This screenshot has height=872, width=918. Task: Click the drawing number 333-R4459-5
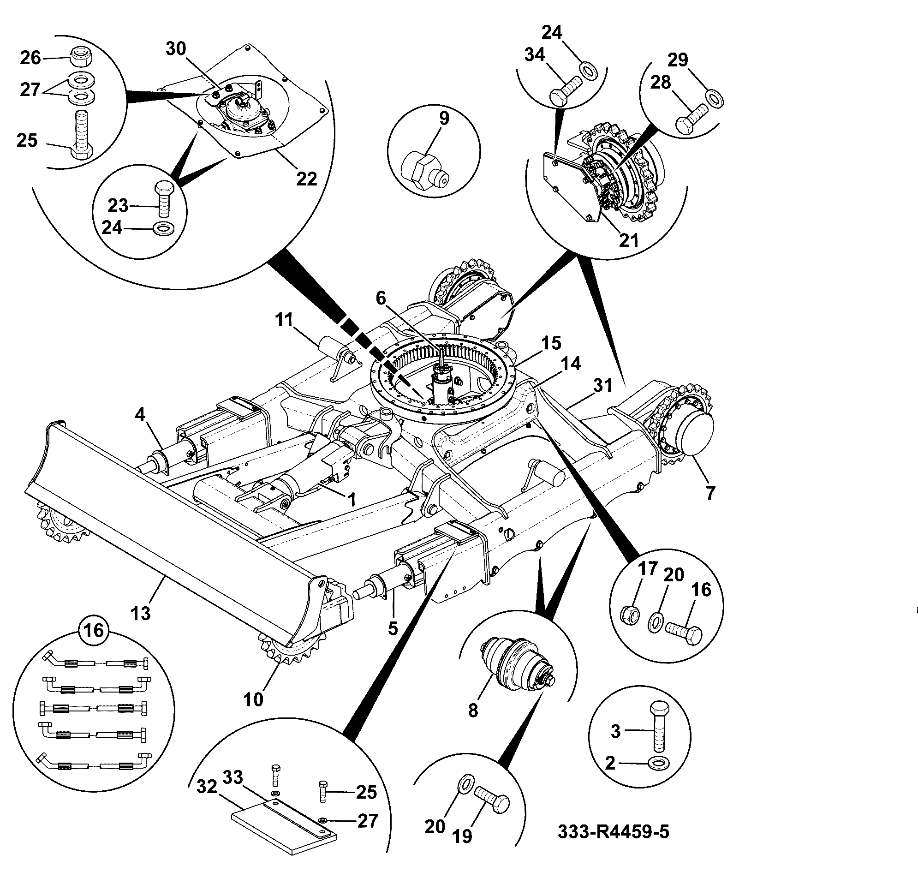(613, 831)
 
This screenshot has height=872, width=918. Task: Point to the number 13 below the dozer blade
(141, 613)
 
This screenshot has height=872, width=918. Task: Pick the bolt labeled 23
(164, 198)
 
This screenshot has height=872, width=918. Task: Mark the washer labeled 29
(714, 99)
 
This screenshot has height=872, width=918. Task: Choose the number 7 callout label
(710, 493)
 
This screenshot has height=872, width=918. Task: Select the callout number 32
(207, 787)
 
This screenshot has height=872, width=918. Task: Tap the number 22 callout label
(306, 179)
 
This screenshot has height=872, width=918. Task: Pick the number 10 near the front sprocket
(253, 699)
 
